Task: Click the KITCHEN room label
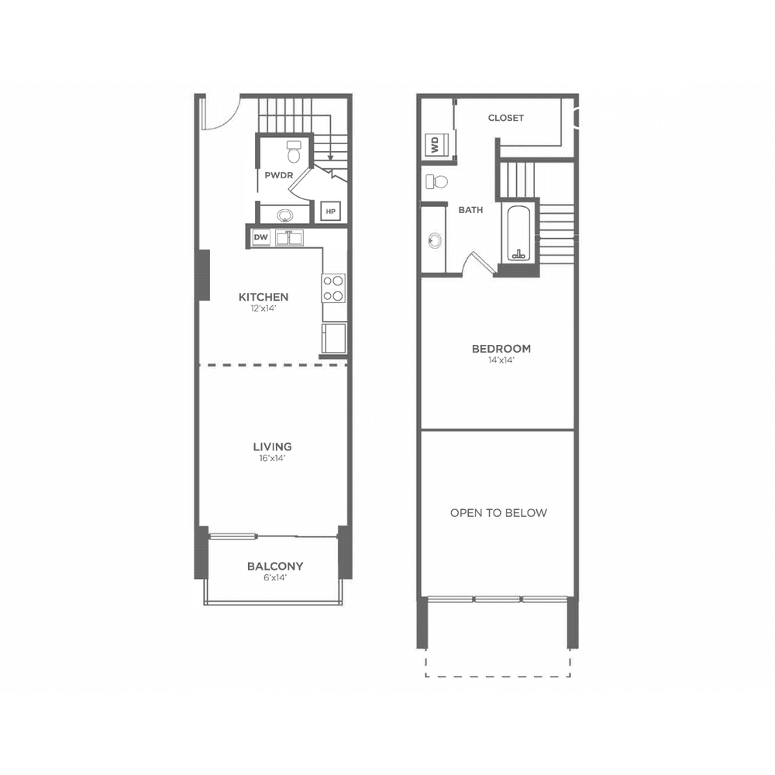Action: pos(263,297)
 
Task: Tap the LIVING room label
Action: pos(272,447)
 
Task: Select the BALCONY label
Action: pos(275,567)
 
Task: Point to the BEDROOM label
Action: pos(501,349)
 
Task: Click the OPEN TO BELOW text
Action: pos(498,513)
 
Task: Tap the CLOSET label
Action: pos(505,118)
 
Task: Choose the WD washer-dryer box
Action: pos(436,145)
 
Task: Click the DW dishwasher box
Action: pos(261,237)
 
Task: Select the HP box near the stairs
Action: pos(331,212)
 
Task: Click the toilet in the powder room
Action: pos(294,152)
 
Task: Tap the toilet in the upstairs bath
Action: pos(436,181)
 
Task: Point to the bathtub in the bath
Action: pos(518,234)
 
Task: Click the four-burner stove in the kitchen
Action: pos(333,288)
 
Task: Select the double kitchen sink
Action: pos(289,238)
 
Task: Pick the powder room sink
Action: pos(284,215)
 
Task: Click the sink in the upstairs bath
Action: pos(435,241)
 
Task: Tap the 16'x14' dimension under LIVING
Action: pos(272,459)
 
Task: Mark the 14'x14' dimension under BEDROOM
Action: pos(501,360)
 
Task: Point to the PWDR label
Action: pos(279,175)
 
